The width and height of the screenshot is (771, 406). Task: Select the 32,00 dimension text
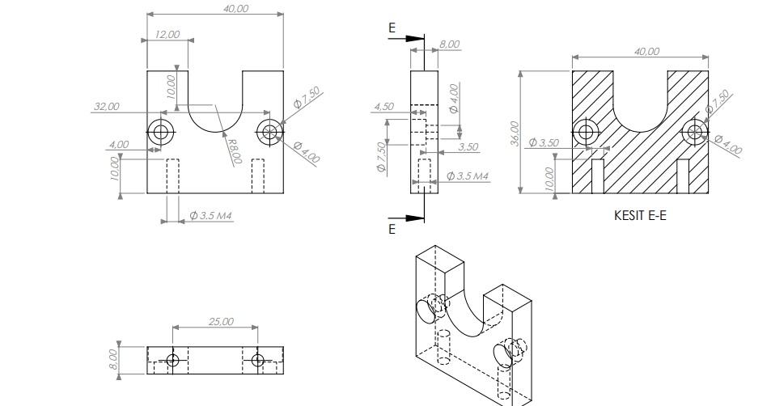[x=106, y=106]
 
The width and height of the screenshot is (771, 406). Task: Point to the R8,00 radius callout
[x=235, y=151]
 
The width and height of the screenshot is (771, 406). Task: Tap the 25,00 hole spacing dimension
[x=221, y=321]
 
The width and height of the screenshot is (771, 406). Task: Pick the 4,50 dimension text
[x=383, y=106]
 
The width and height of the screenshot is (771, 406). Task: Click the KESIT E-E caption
[x=639, y=216]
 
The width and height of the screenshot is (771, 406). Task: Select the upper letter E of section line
[x=392, y=28]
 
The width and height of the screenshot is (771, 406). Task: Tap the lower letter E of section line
[x=392, y=229]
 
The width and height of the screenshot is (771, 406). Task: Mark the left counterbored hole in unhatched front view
[x=161, y=131]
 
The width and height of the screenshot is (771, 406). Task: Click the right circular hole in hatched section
[x=694, y=132]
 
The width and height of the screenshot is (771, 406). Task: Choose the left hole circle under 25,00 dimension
[x=172, y=360]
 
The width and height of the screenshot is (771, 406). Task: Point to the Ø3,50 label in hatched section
[x=544, y=142]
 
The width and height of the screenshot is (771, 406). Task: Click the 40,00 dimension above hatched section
[x=646, y=51]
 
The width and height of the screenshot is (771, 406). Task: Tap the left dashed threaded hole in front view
[x=172, y=176]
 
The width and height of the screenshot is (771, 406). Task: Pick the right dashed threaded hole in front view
[x=258, y=176]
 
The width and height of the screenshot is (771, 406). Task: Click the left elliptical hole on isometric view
[x=426, y=309]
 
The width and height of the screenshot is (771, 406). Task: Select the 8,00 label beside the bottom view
[x=115, y=358]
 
